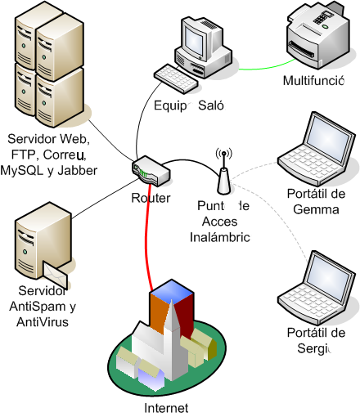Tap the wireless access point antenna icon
click(x=223, y=172)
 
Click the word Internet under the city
click(x=165, y=407)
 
